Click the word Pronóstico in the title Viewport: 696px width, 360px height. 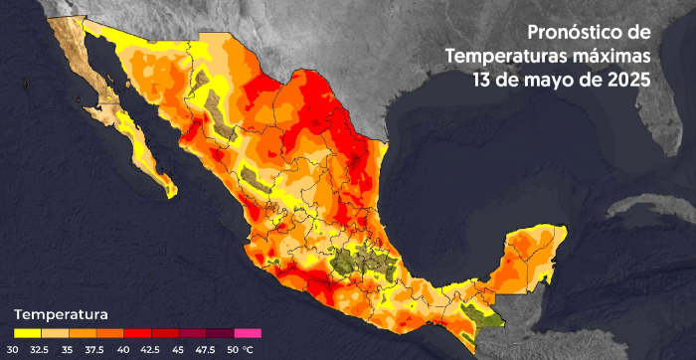pyautogui.click(x=574, y=33)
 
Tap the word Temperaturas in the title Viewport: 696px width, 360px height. pyautogui.click(x=506, y=55)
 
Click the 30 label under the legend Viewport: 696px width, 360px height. pyautogui.click(x=14, y=349)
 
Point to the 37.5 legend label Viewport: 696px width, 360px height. pyautogui.click(x=95, y=349)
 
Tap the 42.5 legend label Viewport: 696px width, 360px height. pyautogui.click(x=150, y=349)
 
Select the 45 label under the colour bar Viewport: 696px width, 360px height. pyautogui.click(x=178, y=349)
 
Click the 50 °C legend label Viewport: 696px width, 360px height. pyautogui.click(x=240, y=349)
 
